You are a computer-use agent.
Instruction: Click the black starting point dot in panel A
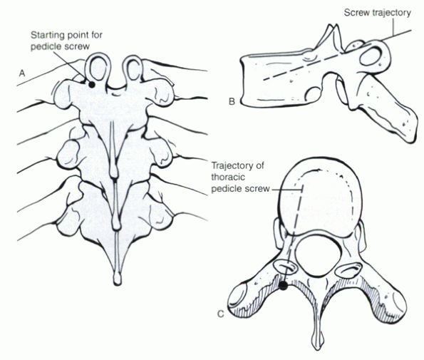click(92, 85)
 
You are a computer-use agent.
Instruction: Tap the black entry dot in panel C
click(283, 286)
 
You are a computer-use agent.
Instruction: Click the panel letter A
click(22, 73)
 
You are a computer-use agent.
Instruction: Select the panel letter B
click(232, 102)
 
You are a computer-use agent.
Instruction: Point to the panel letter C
click(221, 314)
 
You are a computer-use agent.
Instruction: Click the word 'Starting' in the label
click(47, 35)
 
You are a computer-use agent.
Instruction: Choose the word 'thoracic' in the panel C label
click(228, 178)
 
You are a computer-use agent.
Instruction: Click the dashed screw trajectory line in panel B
click(301, 67)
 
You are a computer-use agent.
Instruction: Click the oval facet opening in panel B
click(370, 56)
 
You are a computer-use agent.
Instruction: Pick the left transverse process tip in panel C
click(237, 299)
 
